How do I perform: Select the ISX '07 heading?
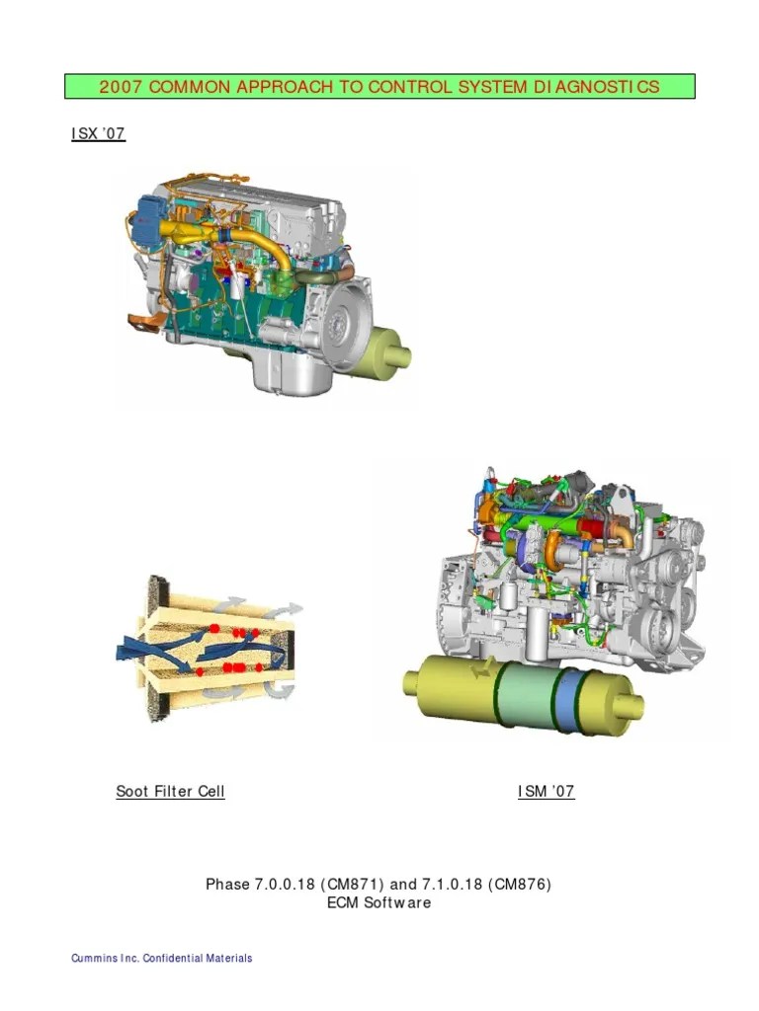[98, 133]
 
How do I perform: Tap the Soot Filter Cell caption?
[170, 791]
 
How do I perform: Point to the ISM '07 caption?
[546, 791]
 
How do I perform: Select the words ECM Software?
[379, 902]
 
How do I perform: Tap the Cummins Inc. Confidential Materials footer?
[161, 958]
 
